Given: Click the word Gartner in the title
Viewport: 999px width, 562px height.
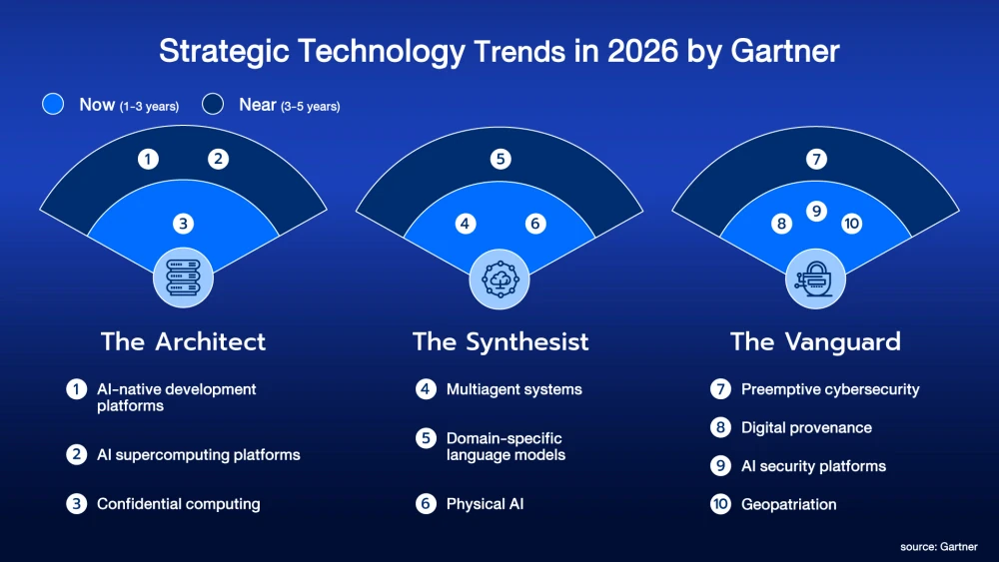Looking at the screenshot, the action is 785,51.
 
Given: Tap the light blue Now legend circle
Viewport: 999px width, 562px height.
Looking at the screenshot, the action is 53,104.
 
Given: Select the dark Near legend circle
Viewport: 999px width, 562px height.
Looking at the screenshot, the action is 213,104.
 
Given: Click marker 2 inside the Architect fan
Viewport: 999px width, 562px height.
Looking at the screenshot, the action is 219,159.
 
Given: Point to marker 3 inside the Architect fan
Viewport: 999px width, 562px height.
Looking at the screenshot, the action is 184,224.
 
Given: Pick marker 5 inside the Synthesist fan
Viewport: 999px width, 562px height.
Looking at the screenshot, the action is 500,159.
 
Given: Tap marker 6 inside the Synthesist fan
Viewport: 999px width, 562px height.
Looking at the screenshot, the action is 535,224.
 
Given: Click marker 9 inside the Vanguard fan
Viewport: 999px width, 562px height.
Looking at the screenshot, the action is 816,211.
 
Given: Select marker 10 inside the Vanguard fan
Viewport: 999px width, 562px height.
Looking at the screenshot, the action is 851,224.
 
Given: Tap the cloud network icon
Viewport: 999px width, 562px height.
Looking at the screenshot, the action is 499,280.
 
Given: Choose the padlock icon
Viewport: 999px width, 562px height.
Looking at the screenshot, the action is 815,279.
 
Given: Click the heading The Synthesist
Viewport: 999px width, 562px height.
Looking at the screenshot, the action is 500,341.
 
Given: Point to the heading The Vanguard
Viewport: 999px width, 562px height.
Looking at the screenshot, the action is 815,341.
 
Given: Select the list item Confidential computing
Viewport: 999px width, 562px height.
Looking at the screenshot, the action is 179,504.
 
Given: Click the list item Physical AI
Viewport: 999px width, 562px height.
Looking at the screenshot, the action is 485,504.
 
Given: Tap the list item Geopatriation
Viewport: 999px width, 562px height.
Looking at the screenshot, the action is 789,505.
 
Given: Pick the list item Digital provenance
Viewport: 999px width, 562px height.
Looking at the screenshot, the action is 806,427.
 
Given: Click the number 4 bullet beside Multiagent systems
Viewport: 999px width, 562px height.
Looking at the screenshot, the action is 427,389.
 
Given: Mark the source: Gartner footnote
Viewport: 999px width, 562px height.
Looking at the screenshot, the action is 938,547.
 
